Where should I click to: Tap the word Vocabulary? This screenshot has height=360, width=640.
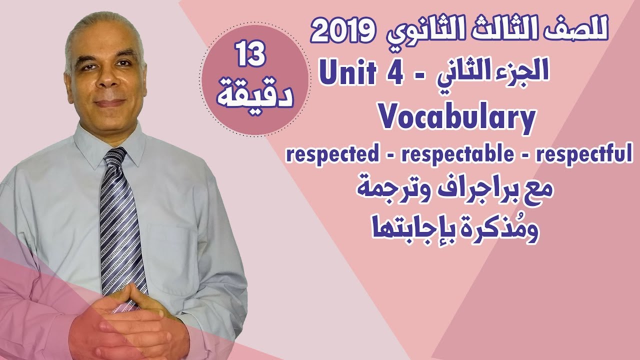click(x=457, y=119)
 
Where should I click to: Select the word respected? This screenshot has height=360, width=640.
click(x=332, y=154)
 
